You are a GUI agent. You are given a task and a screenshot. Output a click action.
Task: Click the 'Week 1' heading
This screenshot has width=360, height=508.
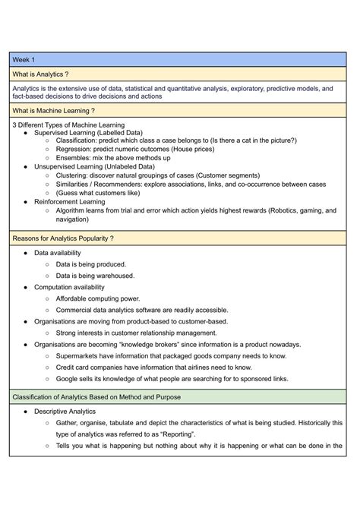pos(24,59)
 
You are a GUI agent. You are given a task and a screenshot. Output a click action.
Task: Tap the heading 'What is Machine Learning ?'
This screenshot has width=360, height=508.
pos(54,110)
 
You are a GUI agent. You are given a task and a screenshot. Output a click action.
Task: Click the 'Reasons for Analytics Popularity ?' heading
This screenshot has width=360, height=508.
pos(63,238)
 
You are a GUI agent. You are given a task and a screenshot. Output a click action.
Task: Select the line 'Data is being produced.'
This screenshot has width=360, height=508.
pos(95,264)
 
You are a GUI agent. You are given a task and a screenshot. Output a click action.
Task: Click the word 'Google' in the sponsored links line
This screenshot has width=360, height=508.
pos(69,378)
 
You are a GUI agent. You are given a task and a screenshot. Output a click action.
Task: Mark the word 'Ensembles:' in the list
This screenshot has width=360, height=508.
pos(75,158)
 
